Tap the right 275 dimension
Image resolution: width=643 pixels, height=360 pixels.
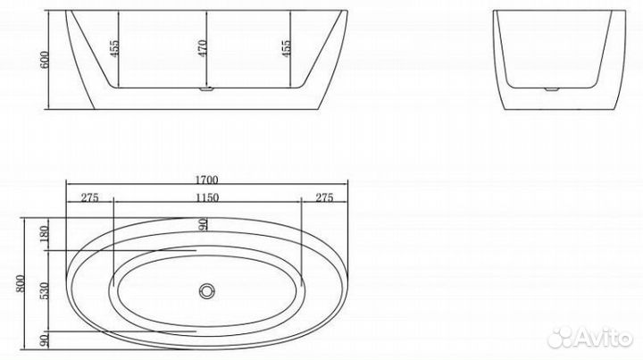click(x=324, y=198)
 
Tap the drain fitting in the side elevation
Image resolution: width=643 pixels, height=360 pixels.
click(x=206, y=90)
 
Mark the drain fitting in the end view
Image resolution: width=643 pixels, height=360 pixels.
click(x=547, y=90)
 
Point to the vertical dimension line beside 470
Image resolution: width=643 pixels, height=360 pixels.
click(x=208, y=49)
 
